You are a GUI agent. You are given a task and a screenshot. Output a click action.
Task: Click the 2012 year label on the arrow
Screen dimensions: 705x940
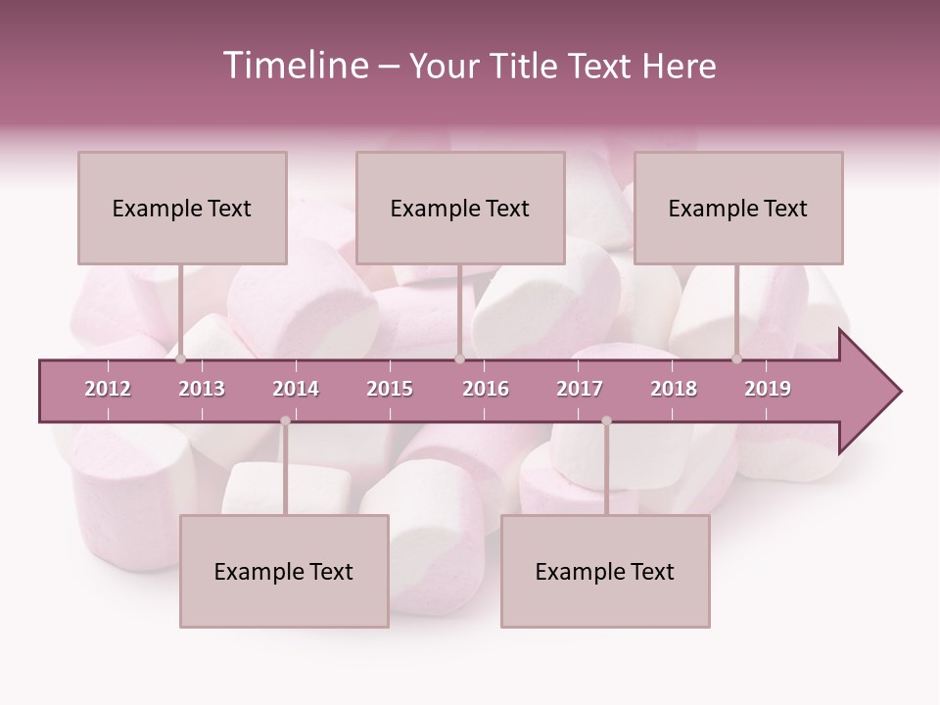coord(108,389)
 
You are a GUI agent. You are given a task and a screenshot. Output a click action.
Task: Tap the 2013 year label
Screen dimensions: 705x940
coord(202,389)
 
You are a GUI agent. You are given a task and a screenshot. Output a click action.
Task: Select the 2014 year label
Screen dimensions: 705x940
coord(296,389)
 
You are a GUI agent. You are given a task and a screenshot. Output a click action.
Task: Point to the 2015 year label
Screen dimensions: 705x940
coord(390,389)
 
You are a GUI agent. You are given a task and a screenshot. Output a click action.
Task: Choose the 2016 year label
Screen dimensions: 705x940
coord(486,389)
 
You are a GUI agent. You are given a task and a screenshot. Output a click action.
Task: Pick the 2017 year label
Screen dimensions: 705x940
coord(580,389)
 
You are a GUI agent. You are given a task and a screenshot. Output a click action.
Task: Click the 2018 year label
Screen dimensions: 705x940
coord(674,389)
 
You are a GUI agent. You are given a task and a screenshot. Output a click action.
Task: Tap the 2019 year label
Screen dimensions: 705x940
coord(768,389)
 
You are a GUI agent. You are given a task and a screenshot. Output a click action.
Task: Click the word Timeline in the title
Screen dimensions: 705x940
coord(296,66)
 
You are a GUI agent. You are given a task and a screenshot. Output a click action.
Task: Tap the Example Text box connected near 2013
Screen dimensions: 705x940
coord(182,208)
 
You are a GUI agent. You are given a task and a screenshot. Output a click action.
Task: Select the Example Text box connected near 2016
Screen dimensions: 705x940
coord(460,208)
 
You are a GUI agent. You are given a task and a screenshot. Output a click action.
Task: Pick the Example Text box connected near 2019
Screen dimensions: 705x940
coord(738,208)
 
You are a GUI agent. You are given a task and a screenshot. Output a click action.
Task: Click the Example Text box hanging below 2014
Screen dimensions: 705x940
coord(284,571)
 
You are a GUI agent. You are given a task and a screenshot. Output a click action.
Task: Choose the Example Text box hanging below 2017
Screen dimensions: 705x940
coord(605,571)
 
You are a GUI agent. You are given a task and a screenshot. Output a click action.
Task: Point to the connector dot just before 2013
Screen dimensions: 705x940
coord(180,359)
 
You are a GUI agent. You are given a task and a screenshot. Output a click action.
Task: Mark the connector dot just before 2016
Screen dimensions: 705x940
coord(459,359)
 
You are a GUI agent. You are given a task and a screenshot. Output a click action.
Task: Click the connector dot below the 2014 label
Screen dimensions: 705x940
coord(285,420)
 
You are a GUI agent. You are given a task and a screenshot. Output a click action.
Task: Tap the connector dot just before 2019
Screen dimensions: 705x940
coord(737,359)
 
